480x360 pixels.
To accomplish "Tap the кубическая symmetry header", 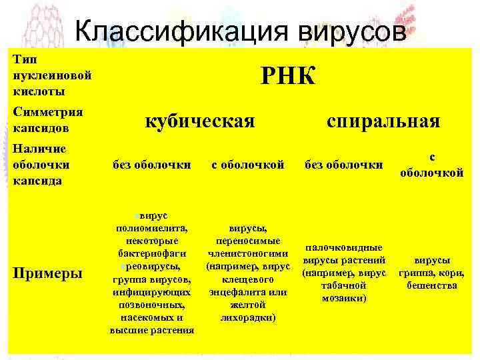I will click(x=201, y=121).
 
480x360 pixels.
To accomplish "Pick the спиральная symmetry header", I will click(x=383, y=121).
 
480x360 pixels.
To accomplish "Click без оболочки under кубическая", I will click(x=153, y=164).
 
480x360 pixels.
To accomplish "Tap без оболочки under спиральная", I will click(x=343, y=164).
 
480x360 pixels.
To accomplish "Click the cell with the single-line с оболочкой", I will click(x=247, y=164).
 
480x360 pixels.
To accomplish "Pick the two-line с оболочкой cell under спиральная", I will click(x=431, y=165).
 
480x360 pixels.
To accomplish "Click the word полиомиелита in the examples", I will click(x=152, y=229).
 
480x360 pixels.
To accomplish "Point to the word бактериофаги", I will click(x=152, y=254).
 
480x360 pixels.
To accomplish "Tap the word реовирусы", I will click(x=155, y=267).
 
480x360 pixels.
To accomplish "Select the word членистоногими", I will click(x=247, y=254).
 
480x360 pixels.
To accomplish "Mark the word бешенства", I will click(x=431, y=285).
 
